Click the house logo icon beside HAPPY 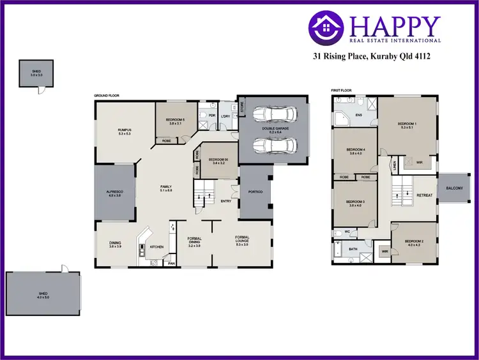327,28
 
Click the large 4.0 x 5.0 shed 43,293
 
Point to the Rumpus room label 124,131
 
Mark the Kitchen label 157,246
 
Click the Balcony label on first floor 455,188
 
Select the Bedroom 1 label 407,124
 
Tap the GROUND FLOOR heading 107,96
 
